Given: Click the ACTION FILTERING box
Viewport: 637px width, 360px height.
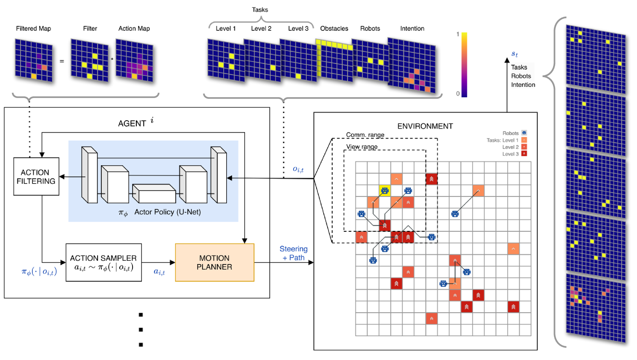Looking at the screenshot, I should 36,176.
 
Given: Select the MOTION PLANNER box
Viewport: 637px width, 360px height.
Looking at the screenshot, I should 214,262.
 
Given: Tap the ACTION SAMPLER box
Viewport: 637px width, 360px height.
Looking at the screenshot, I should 104,262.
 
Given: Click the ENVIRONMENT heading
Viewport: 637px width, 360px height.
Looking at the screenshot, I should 425,126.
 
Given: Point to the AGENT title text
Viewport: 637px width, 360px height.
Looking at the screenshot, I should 132,124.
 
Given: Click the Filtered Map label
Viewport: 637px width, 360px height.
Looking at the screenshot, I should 33,29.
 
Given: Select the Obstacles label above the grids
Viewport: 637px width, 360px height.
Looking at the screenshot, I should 334,29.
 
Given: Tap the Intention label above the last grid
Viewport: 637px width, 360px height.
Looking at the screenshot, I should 412,29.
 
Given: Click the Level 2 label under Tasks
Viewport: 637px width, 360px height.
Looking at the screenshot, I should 261,29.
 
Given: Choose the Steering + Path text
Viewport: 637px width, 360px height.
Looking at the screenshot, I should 294,253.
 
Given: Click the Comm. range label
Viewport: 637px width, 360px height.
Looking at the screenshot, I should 365,135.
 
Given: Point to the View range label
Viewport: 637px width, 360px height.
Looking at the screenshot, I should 362,147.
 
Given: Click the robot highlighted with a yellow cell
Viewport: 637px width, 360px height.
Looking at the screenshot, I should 385,190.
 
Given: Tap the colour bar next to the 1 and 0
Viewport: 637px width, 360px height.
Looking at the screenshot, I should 464,65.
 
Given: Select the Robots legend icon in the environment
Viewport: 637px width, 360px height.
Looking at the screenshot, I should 524,133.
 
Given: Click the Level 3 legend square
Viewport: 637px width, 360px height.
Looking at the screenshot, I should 524,154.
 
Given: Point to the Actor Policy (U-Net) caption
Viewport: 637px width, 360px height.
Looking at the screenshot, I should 167,212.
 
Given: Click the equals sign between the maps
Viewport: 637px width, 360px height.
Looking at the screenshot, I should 62,61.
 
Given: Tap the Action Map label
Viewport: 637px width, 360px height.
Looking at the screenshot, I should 134,29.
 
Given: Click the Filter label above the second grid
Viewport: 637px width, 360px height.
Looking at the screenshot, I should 90,29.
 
